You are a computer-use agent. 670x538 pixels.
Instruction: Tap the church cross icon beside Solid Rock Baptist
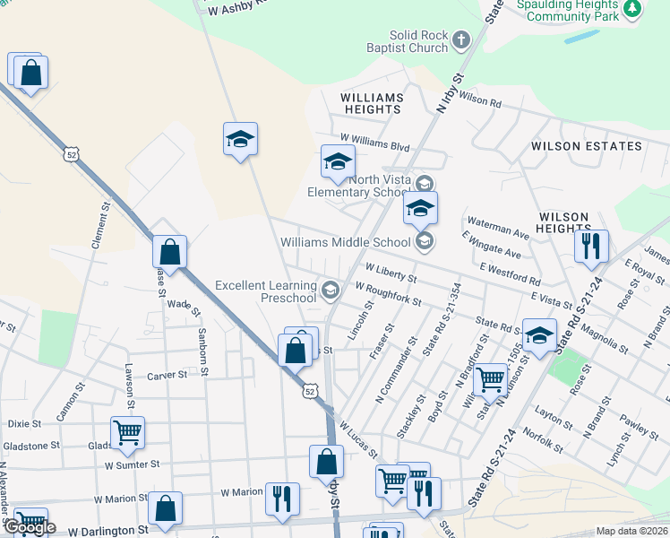click(x=460, y=39)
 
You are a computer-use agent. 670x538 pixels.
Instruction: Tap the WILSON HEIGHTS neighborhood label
click(x=563, y=222)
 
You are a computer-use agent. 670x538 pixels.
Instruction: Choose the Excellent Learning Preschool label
click(x=267, y=291)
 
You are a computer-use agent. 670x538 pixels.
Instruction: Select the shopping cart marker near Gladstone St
click(x=127, y=433)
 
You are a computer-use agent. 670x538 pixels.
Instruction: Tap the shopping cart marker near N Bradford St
click(x=490, y=379)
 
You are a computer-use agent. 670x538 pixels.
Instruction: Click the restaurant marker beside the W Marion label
click(x=282, y=499)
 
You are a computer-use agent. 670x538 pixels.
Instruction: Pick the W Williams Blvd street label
click(x=374, y=147)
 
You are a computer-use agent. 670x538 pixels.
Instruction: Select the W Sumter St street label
click(x=132, y=464)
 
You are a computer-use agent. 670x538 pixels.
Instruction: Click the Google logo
click(x=29, y=528)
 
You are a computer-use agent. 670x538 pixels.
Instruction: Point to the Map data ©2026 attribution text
click(x=631, y=531)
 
